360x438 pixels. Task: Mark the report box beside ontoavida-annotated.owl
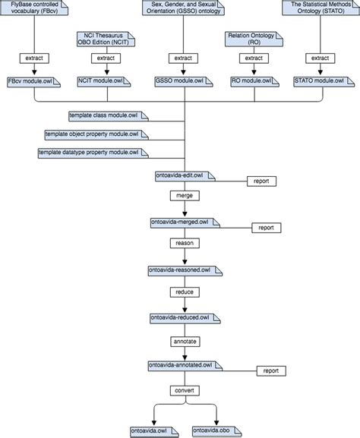[x=271, y=370]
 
